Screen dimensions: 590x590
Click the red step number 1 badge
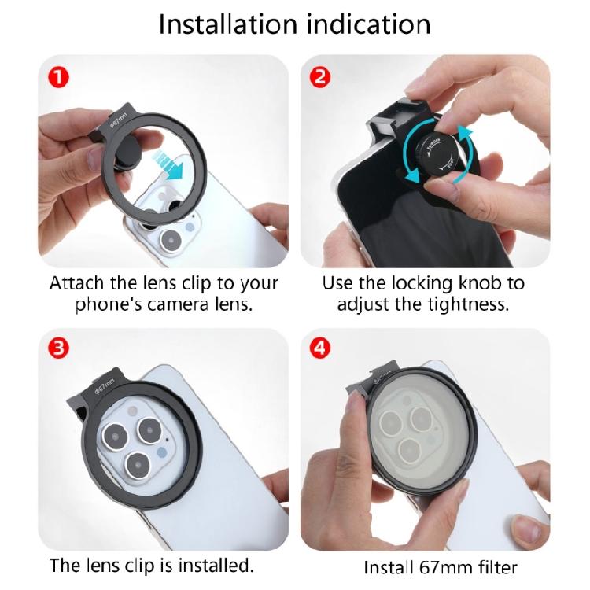pyautogui.click(x=59, y=78)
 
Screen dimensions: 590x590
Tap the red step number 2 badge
pyautogui.click(x=320, y=77)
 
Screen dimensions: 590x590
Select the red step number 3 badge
pyautogui.click(x=59, y=348)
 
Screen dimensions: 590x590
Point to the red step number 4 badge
pyautogui.click(x=320, y=348)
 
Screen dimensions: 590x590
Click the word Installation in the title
pyautogui.click(x=228, y=24)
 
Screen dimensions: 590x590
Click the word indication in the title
pyautogui.click(x=369, y=24)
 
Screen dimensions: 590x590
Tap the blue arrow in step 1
pyautogui.click(x=170, y=164)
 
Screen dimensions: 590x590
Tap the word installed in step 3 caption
pyautogui.click(x=216, y=566)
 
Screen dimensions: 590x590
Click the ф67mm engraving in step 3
pyautogui.click(x=104, y=386)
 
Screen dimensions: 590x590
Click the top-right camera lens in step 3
pyautogui.click(x=150, y=430)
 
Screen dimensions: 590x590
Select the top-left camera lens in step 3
pyautogui.click(x=115, y=437)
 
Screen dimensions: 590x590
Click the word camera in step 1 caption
pyautogui.click(x=179, y=304)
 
